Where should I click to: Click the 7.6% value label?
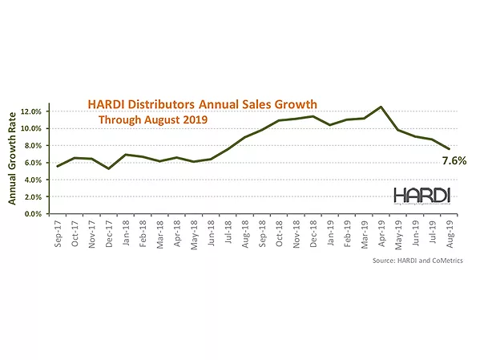point(454,161)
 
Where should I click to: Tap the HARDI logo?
point(422,196)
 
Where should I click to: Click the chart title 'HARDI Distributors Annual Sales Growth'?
point(202,104)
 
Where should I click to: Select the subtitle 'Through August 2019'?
point(152,120)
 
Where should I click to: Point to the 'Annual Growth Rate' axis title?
point(14,159)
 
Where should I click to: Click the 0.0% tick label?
point(36,214)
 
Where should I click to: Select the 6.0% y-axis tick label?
point(36,163)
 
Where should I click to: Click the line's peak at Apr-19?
point(381,107)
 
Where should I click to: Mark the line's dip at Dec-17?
point(109,168)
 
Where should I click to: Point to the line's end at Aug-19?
point(450,149)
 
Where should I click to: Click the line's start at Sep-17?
point(58,166)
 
